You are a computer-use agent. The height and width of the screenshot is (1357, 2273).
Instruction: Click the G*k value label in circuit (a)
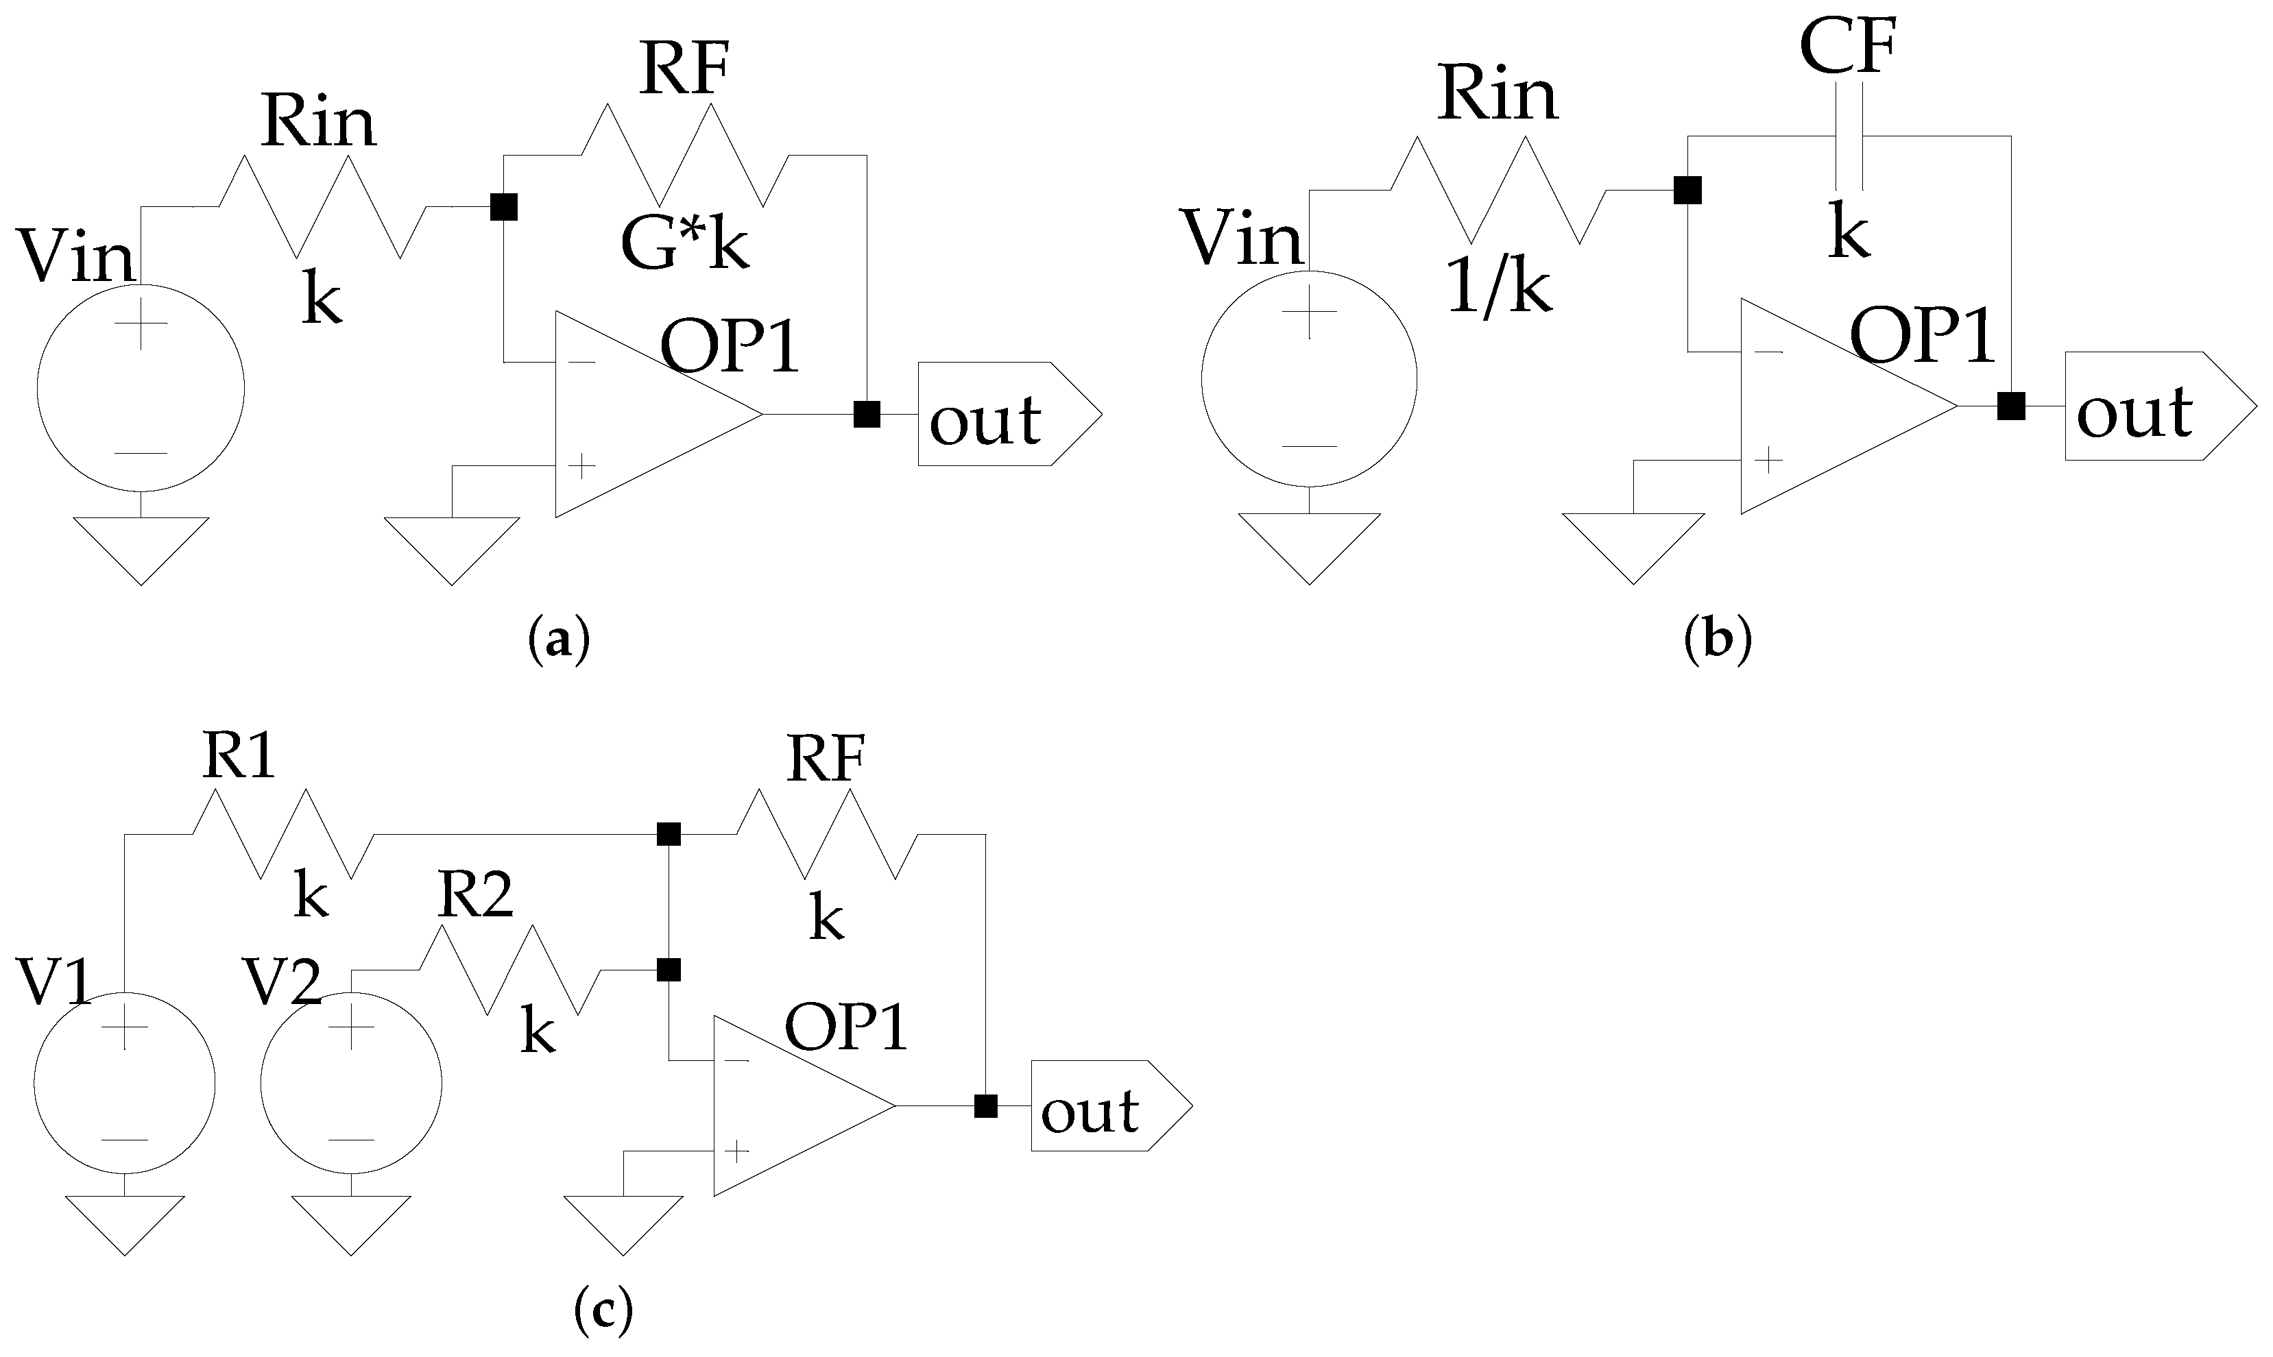[684, 245]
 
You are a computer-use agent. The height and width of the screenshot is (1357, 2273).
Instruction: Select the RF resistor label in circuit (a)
[684, 69]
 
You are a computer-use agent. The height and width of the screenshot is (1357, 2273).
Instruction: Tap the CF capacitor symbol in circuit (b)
[1849, 137]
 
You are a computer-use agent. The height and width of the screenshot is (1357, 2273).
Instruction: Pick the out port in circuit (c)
[1109, 1105]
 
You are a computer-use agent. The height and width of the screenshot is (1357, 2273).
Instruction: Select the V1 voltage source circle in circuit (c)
[124, 1083]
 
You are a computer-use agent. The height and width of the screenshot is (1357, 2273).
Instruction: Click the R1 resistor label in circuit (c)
[238, 757]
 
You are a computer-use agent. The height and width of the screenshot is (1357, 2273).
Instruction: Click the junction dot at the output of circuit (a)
[866, 414]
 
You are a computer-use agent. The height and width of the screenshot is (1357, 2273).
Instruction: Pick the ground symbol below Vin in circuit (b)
[1309, 545]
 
